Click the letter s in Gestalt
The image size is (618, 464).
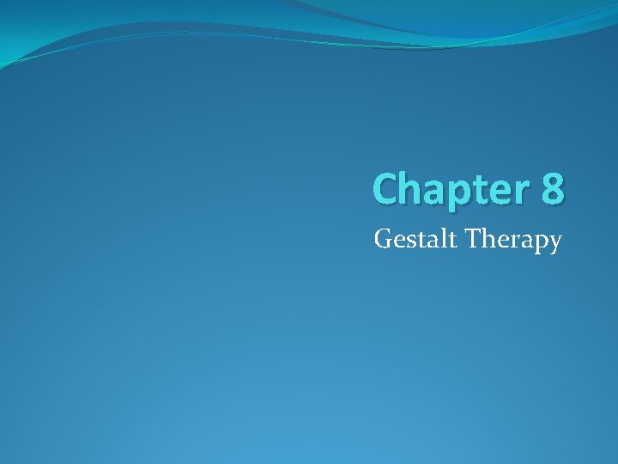407,241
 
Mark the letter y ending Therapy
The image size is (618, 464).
554,245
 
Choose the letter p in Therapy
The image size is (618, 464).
537,244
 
